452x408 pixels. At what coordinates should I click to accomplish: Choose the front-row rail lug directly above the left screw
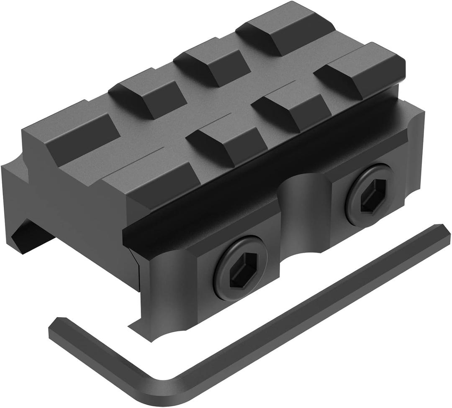pos(226,142)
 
